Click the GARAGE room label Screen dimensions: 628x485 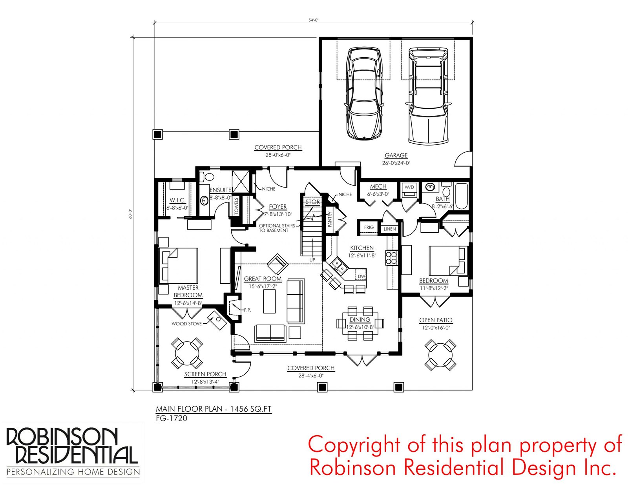coord(396,155)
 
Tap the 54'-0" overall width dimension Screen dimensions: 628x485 coord(313,20)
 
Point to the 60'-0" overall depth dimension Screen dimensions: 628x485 coord(130,214)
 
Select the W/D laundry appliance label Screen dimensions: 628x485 coord(409,187)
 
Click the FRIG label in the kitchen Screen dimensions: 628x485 coord(369,227)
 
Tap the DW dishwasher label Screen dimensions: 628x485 coord(361,276)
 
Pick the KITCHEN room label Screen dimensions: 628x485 coord(362,248)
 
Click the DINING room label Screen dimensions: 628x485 coord(360,319)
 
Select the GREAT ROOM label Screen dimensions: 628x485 coord(263,279)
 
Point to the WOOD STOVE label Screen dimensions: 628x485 coord(187,324)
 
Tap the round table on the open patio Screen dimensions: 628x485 coord(440,355)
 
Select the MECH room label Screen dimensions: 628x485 coord(378,187)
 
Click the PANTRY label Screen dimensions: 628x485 coord(330,219)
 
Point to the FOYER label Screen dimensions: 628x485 coord(278,206)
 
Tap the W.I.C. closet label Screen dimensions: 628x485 coord(177,200)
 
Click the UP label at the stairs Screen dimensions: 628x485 coord(312,260)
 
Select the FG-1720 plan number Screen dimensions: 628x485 coord(172,418)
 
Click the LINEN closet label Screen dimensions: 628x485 coord(390,229)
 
